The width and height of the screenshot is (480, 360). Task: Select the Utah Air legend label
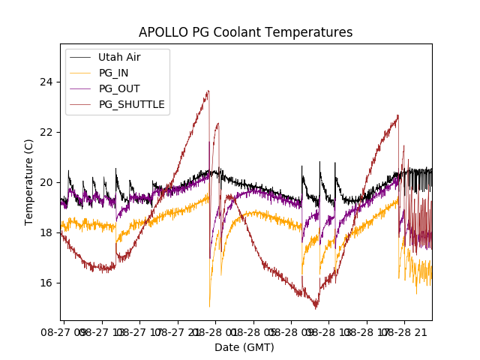click(119, 57)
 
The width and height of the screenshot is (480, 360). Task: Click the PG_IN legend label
click(113, 73)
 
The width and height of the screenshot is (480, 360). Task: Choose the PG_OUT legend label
click(119, 88)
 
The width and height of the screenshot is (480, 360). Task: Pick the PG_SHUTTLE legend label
click(131, 104)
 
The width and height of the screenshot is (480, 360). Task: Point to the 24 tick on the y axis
click(46, 82)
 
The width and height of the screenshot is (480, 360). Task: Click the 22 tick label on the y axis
click(46, 132)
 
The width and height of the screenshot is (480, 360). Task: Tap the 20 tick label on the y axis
click(46, 182)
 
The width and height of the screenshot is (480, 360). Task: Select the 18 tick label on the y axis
click(46, 232)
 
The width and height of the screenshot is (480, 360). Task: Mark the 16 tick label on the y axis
click(46, 283)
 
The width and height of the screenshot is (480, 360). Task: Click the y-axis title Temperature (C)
click(29, 182)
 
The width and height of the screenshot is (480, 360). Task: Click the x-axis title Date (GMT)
click(244, 347)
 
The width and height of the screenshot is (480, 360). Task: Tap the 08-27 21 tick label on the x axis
click(178, 330)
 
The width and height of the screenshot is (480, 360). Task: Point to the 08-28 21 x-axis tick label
click(404, 330)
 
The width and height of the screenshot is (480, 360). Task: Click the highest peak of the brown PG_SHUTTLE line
click(208, 91)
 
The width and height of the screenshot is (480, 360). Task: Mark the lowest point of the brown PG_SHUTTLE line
click(316, 307)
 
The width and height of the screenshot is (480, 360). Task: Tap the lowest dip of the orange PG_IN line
click(209, 305)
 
